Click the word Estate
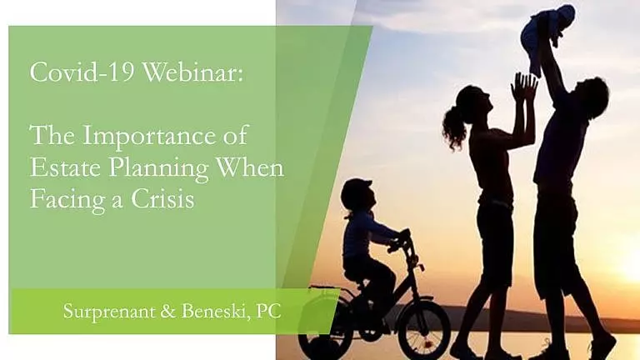65,167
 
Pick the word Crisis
162,199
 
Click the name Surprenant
109,312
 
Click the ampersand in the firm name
168,312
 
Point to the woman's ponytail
454,127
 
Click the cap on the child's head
358,185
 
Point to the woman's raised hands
523,87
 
